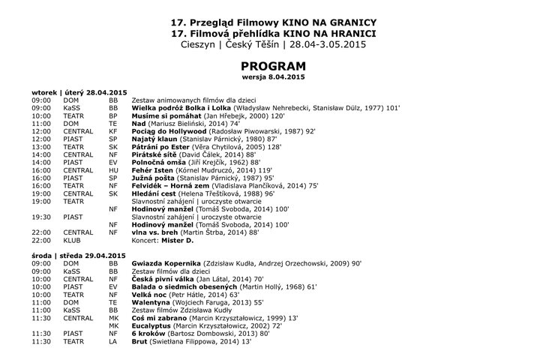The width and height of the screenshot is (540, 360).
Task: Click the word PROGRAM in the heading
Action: [268, 67]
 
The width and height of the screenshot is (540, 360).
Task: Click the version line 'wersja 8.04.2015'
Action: [268, 77]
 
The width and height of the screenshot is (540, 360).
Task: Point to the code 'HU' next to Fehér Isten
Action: [113, 170]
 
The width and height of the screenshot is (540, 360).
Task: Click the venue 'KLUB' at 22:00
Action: [72, 241]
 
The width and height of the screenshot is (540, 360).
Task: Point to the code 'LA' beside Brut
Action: [112, 341]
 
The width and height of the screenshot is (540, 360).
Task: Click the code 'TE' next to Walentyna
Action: [112, 302]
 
